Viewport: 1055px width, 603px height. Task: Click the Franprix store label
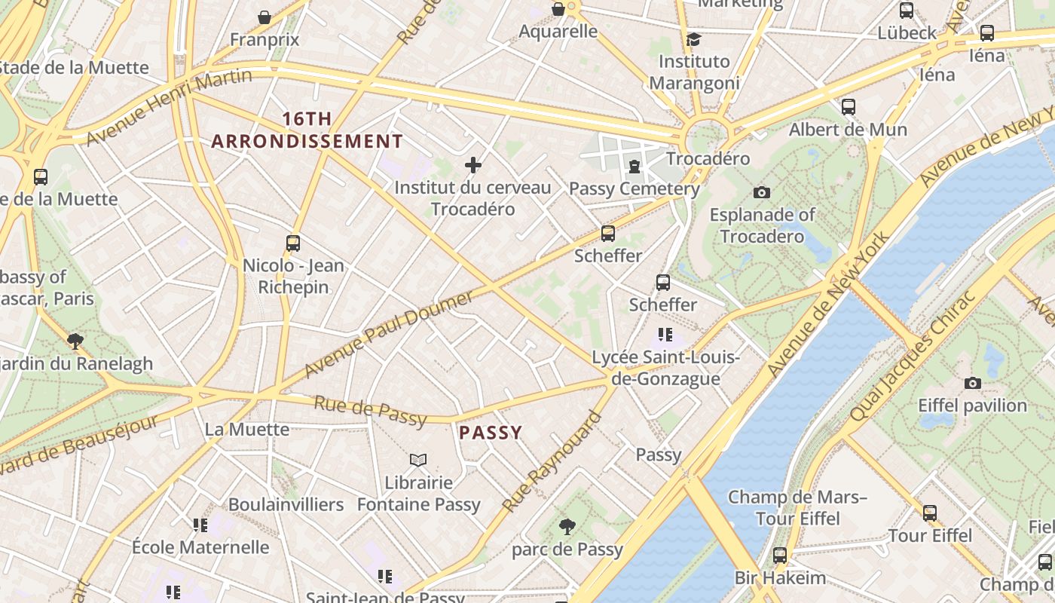265,39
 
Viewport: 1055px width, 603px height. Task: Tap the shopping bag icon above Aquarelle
558,9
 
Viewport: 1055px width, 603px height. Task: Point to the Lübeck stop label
907,32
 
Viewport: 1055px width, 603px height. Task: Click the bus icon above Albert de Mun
849,106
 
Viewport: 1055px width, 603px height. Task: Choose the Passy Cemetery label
634,188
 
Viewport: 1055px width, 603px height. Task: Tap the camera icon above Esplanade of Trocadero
762,192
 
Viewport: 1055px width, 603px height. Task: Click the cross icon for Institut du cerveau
473,165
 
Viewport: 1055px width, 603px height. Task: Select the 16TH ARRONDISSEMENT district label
307,130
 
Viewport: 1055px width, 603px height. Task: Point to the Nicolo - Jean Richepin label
293,276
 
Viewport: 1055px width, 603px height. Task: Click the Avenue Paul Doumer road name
388,333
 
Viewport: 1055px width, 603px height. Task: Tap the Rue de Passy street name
370,411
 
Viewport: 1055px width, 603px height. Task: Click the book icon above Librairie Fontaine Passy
418,459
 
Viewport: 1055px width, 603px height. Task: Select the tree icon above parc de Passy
567,527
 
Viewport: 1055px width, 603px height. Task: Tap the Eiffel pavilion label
972,406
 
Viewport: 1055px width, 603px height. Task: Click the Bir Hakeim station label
780,578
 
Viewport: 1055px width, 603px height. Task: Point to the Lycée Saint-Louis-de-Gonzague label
666,367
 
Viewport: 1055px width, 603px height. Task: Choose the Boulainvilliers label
286,504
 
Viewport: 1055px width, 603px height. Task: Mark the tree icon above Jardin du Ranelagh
75,341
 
